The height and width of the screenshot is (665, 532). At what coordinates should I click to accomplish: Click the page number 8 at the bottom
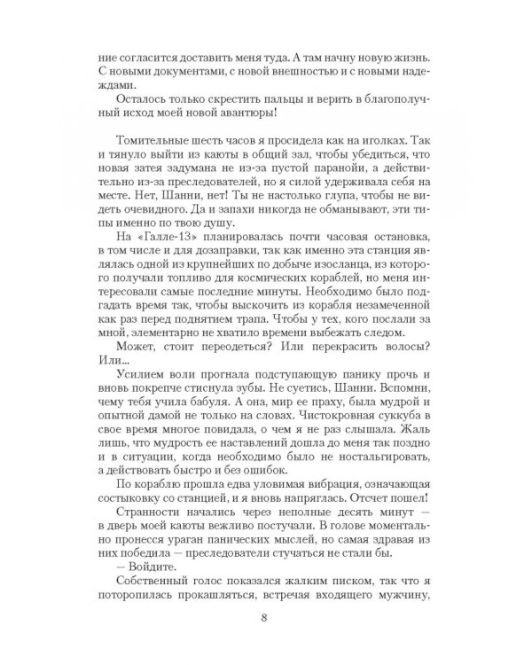(x=267, y=621)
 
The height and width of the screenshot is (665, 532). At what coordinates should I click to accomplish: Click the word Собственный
(x=153, y=575)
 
